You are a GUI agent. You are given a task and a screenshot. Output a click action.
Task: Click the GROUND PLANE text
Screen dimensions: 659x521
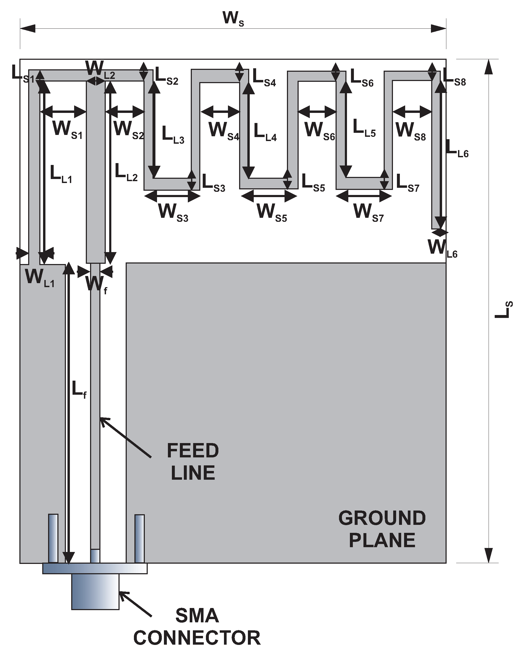point(382,529)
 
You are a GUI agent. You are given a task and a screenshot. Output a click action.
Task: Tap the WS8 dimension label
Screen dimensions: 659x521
point(410,131)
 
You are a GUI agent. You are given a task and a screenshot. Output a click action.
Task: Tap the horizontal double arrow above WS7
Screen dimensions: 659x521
point(364,196)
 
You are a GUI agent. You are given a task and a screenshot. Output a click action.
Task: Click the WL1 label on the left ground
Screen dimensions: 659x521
point(40,278)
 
